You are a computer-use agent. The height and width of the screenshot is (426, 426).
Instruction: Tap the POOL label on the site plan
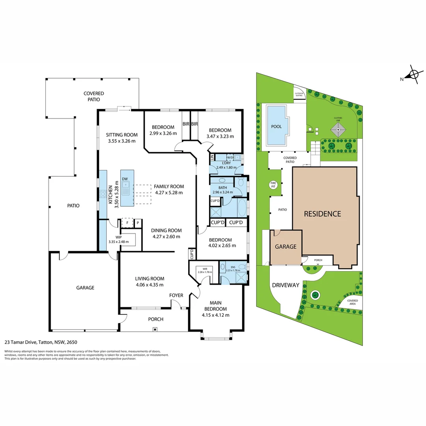tap(277, 126)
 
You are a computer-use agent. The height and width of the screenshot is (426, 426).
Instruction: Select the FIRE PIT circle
tap(273, 184)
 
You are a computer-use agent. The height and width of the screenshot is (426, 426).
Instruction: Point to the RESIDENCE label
tap(322, 214)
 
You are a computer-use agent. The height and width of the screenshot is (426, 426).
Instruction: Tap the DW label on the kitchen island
tap(125, 179)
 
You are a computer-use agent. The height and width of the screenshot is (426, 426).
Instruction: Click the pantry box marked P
tap(138, 223)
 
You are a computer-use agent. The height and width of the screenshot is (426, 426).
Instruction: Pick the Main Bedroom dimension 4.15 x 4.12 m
tap(215, 315)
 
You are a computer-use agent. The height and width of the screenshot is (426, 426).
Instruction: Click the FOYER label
tap(176, 295)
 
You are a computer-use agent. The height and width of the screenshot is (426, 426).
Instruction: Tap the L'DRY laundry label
tap(226, 163)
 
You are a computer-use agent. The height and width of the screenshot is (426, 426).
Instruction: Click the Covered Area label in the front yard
tap(353, 302)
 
